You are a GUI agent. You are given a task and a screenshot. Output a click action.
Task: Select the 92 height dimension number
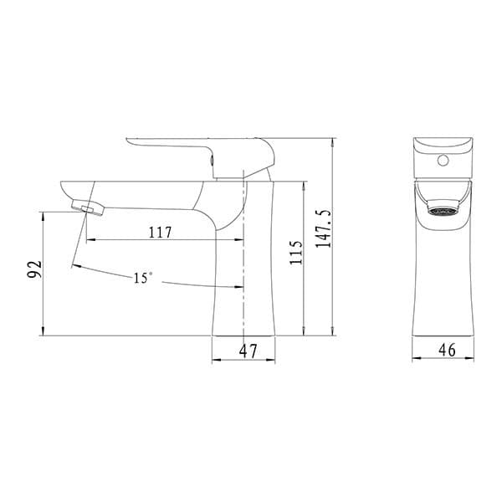34,270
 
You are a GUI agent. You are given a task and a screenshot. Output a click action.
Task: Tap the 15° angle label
143,278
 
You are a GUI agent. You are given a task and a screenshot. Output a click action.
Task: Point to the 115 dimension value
295,253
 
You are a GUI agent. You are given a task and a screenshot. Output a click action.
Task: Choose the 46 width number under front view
447,351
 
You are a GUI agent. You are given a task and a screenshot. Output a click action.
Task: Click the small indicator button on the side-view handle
213,156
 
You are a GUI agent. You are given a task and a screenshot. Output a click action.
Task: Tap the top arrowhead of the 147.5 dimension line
333,141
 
